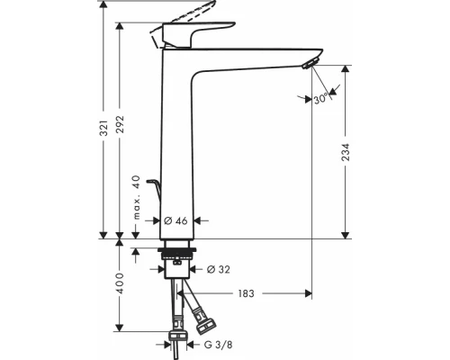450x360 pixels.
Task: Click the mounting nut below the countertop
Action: click(x=175, y=266)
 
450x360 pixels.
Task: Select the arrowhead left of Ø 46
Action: click(x=157, y=220)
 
